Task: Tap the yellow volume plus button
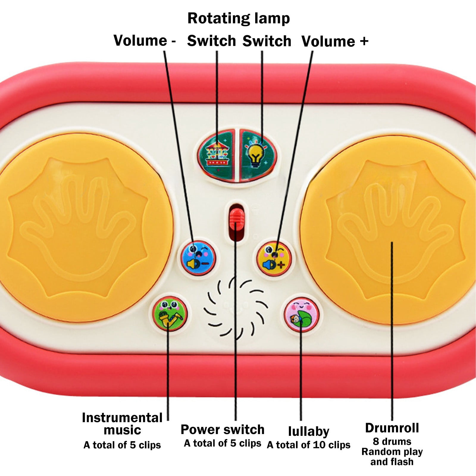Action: [274, 258]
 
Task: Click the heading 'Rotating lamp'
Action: [239, 18]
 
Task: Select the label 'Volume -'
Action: [145, 40]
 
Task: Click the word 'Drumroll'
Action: [392, 428]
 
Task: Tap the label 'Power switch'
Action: [223, 430]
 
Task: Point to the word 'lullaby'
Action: [309, 431]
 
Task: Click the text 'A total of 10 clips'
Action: [309, 445]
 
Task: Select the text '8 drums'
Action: [392, 441]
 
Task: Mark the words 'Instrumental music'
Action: [122, 424]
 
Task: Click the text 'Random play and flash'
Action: [392, 457]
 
